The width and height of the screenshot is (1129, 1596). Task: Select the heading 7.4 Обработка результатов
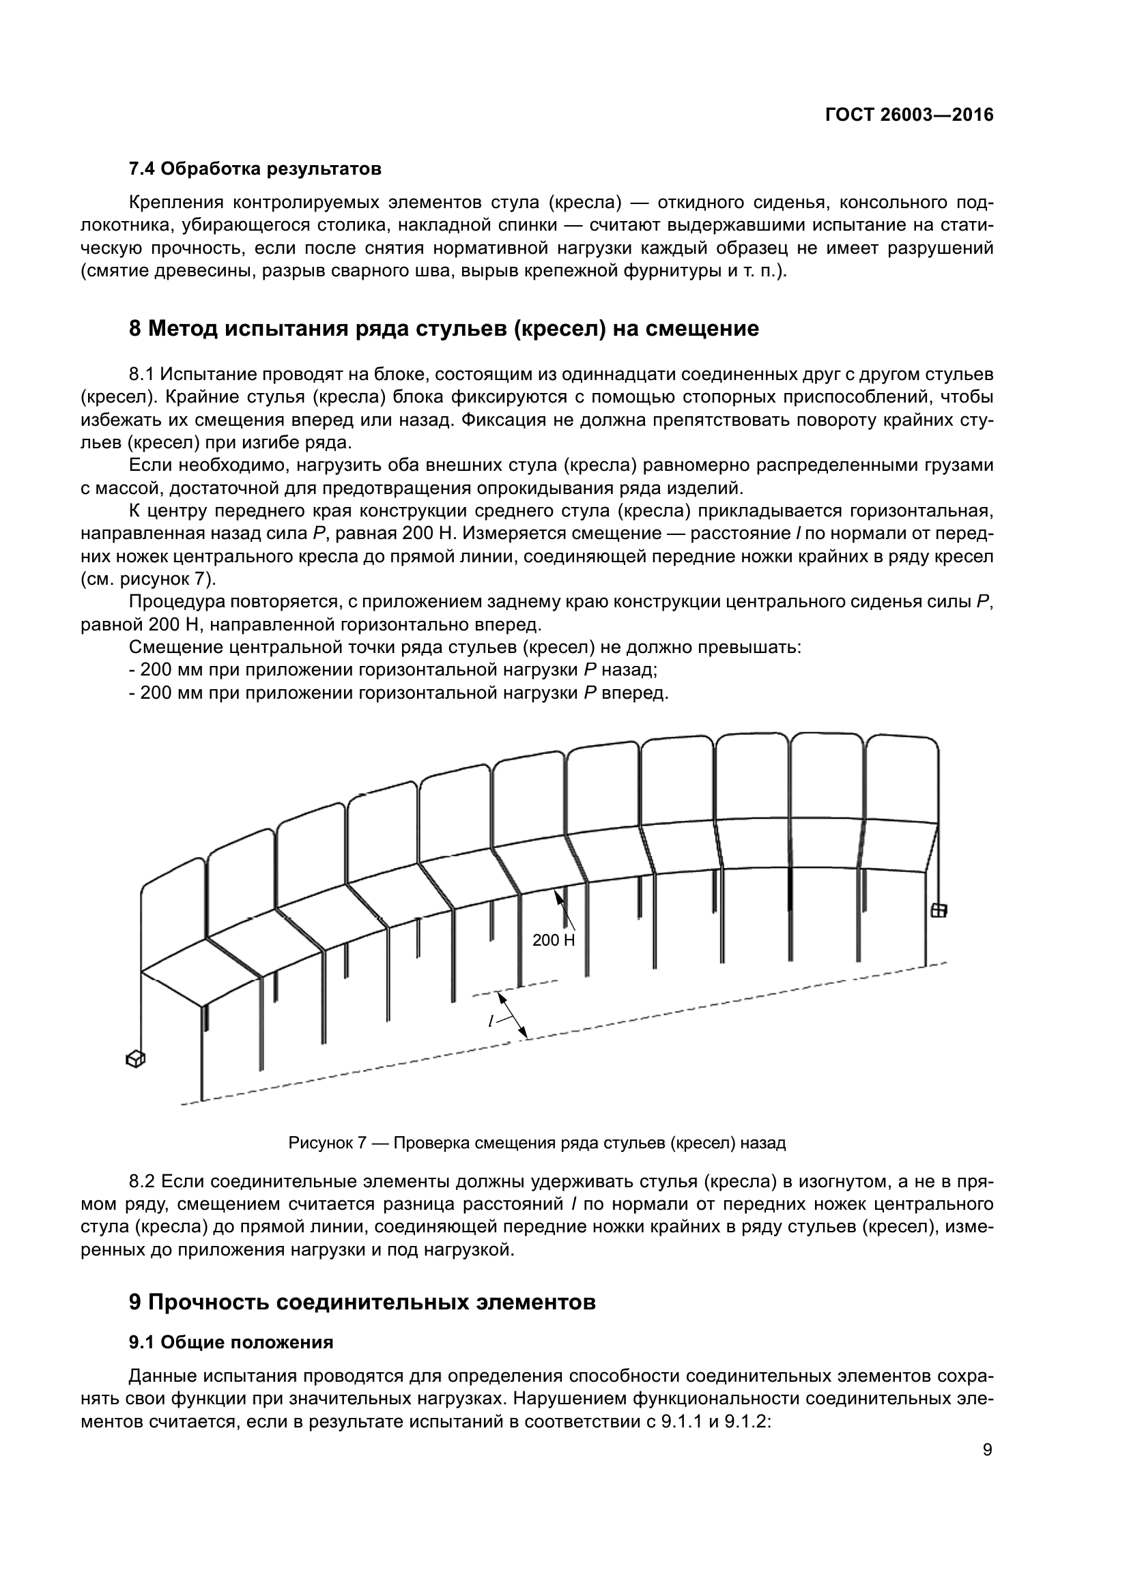click(255, 169)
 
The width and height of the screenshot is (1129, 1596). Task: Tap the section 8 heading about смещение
click(444, 328)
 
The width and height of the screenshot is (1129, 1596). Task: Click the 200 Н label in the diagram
click(554, 940)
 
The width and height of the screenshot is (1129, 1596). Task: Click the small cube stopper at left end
click(135, 1060)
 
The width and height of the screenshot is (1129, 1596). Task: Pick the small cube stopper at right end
click(939, 910)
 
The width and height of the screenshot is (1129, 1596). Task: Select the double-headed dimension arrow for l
click(513, 1015)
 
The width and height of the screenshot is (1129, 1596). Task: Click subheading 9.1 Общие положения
click(231, 1342)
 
